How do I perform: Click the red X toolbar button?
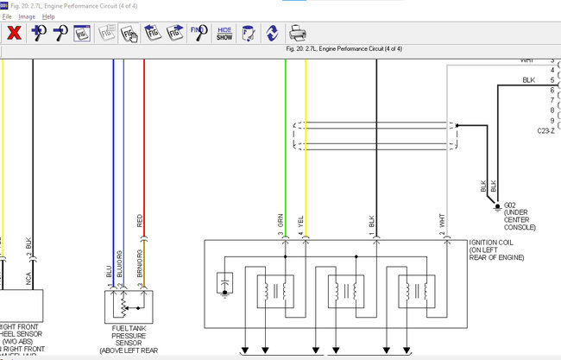(15, 34)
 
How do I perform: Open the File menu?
(6, 16)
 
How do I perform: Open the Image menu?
(27, 16)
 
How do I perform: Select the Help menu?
(47, 16)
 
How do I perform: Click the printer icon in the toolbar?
(297, 34)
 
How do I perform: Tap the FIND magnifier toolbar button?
(196, 34)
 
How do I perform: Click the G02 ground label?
(510, 205)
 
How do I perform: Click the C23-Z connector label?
(548, 130)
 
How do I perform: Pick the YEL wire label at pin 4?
(301, 221)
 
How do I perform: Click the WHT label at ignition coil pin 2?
(441, 221)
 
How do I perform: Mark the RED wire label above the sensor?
(140, 220)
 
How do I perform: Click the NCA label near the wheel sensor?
(28, 279)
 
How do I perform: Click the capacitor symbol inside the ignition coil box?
(225, 282)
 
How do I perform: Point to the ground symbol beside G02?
(498, 206)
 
